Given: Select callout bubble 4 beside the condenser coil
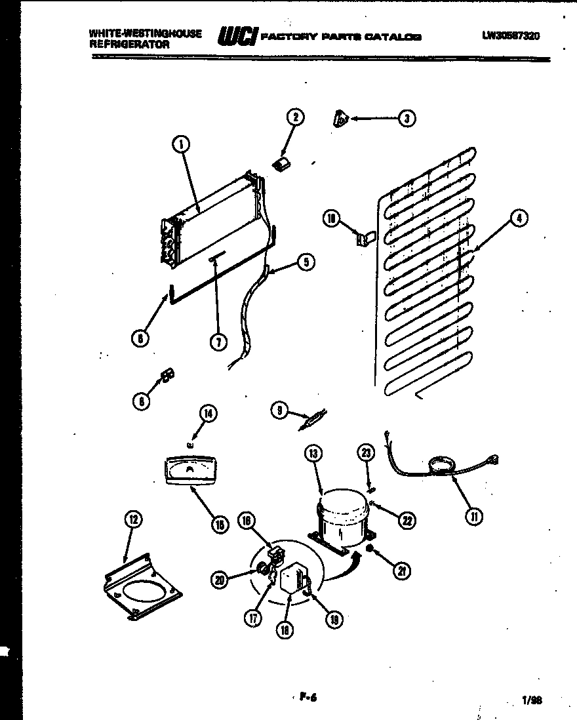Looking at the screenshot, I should coord(518,219).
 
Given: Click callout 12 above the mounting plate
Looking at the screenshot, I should coord(133,520).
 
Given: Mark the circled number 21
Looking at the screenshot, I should coord(401,571).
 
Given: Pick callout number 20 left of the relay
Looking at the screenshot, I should coord(220,578).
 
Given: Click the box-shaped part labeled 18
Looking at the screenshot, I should coord(290,581).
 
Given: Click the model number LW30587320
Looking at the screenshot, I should coord(511,37).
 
